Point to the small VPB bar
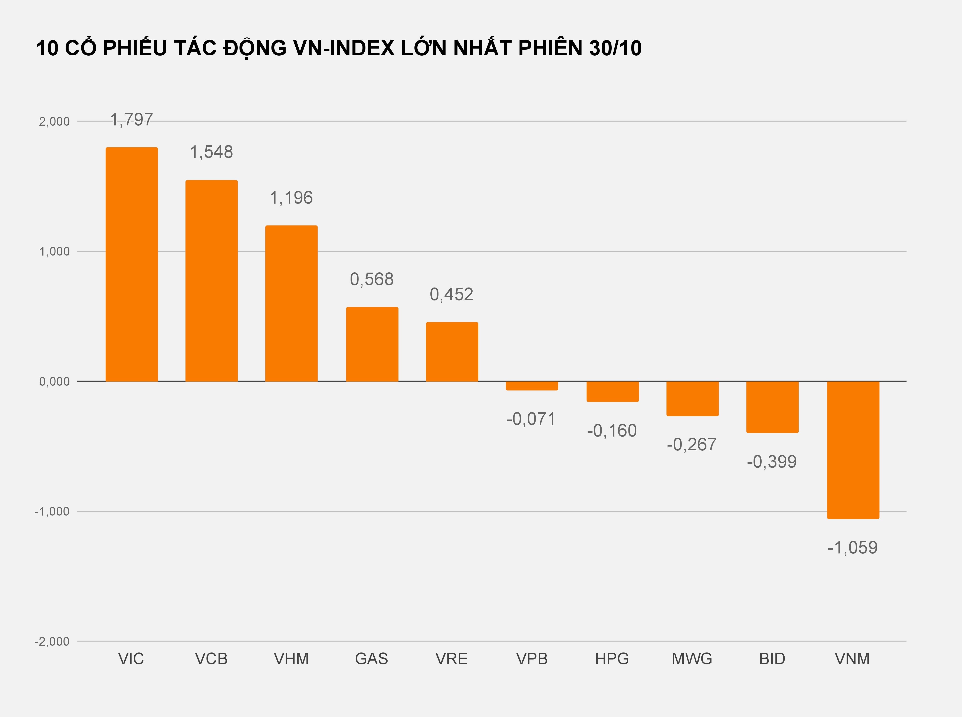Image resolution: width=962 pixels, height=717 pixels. click(x=532, y=385)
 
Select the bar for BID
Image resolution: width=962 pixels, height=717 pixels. click(x=772, y=407)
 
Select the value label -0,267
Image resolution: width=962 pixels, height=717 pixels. click(x=692, y=444)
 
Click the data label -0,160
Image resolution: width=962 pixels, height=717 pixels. click(x=612, y=431)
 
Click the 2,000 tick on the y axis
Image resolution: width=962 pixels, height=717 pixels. click(x=54, y=122)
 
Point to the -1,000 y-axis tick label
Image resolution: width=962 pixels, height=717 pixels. click(x=52, y=512)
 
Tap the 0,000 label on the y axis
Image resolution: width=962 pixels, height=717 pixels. click(x=54, y=382)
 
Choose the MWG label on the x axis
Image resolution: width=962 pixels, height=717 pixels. click(x=692, y=659)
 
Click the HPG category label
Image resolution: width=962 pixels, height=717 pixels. click(x=612, y=659)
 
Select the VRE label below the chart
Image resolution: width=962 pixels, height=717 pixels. click(x=452, y=659)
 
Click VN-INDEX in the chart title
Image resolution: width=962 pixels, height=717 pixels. click(x=344, y=48)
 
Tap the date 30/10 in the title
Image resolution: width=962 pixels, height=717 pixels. click(x=615, y=48)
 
